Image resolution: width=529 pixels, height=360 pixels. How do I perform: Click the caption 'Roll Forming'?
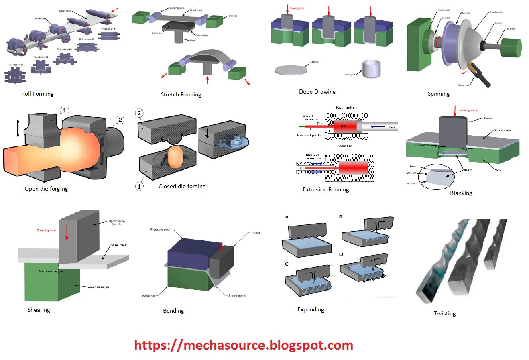pyautogui.click(x=37, y=94)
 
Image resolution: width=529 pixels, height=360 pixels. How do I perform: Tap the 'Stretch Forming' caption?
pyautogui.click(x=181, y=94)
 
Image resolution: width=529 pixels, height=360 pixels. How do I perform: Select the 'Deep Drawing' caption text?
pyautogui.click(x=317, y=92)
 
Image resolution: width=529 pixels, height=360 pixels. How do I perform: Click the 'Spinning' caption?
pyautogui.click(x=438, y=94)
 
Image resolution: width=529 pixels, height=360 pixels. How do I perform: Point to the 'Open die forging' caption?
pyautogui.click(x=46, y=189)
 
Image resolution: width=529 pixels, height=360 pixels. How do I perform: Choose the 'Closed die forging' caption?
pyautogui.click(x=182, y=186)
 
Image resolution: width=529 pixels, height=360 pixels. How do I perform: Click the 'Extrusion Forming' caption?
pyautogui.click(x=326, y=189)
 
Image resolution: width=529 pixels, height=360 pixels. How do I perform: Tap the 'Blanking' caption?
pyautogui.click(x=461, y=193)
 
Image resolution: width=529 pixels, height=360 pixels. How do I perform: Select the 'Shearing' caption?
pyautogui.click(x=39, y=310)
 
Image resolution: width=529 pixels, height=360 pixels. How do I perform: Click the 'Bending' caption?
pyautogui.click(x=173, y=311)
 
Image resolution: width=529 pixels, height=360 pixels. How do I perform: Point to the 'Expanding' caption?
pyautogui.click(x=311, y=309)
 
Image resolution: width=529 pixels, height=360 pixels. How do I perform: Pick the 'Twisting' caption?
pyautogui.click(x=444, y=313)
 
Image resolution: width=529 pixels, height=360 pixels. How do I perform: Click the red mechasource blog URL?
pyautogui.click(x=244, y=345)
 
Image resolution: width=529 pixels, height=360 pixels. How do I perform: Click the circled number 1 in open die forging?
pyautogui.click(x=65, y=110)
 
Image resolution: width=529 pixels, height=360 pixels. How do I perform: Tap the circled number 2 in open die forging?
pyautogui.click(x=120, y=120)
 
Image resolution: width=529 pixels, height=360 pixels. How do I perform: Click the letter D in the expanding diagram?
pyautogui.click(x=341, y=254)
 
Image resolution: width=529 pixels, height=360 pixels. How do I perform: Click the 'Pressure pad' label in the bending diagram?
pyautogui.click(x=159, y=230)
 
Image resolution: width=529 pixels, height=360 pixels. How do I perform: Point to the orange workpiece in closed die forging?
pyautogui.click(x=175, y=157)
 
